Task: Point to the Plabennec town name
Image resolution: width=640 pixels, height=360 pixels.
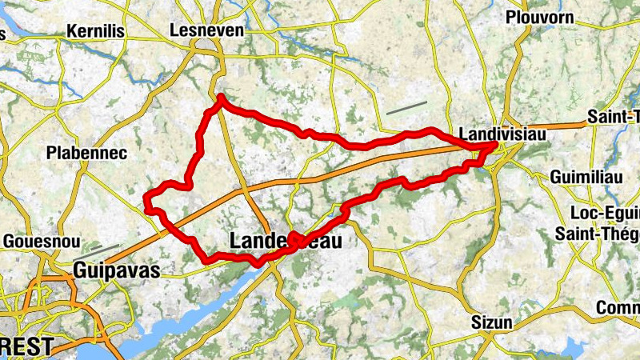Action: [x=86, y=152]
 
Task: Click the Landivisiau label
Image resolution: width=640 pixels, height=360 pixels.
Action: [x=503, y=134]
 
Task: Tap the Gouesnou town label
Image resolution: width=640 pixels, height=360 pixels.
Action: [x=39, y=240]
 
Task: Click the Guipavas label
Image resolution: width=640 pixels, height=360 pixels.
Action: [x=117, y=270]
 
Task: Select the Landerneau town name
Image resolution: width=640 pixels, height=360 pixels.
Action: [x=285, y=240]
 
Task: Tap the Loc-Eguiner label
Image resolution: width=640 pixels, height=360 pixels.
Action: [x=604, y=213]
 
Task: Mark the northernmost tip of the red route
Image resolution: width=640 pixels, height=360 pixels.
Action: [x=221, y=97]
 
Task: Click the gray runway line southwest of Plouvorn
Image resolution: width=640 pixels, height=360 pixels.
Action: [x=406, y=108]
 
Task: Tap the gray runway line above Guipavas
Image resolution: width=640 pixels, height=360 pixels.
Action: [x=105, y=249]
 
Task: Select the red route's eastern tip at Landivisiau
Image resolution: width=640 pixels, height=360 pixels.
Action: [x=496, y=145]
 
